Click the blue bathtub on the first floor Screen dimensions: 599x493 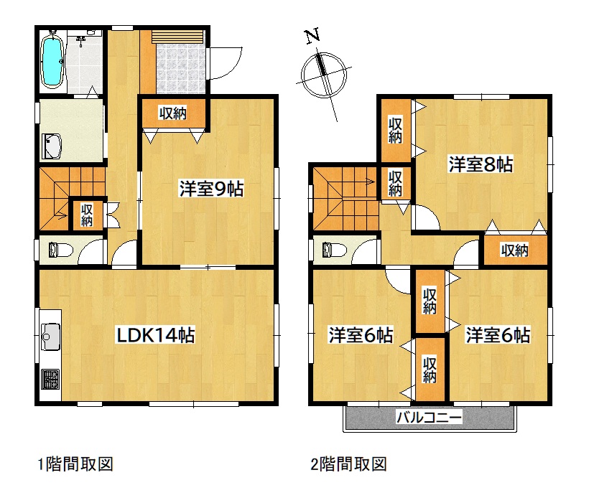[52, 62]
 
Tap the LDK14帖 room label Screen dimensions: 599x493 [155, 335]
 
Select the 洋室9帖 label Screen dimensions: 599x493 [211, 189]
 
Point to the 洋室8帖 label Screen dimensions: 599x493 [480, 164]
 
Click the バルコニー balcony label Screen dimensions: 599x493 [429, 417]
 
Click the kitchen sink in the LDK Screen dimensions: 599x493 [50, 337]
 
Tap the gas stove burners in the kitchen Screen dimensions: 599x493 [50, 379]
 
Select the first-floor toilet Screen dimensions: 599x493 [60, 250]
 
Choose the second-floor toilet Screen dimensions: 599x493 [334, 250]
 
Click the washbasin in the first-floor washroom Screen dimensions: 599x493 [52, 146]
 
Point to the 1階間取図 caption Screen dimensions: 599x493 [75, 464]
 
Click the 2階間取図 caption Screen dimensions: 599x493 [349, 464]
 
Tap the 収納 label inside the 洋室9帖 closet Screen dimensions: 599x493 [172, 113]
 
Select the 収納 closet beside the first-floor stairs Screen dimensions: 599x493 [87, 215]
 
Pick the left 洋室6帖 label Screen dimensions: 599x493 [361, 335]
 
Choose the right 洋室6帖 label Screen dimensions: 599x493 [498, 335]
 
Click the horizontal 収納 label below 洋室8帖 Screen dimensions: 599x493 [514, 250]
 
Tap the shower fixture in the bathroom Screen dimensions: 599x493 [81, 40]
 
